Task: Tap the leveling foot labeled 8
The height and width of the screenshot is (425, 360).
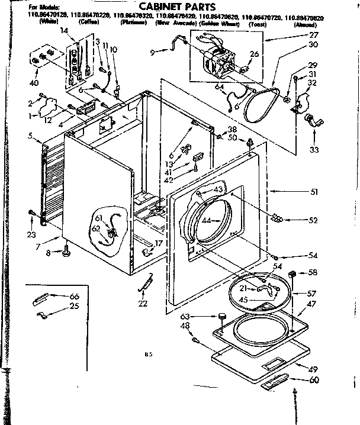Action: click(x=63, y=254)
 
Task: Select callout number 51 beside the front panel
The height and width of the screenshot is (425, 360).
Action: click(x=314, y=192)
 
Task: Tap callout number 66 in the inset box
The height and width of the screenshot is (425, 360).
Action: click(x=74, y=296)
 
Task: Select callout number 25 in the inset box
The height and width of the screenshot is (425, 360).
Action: click(x=74, y=305)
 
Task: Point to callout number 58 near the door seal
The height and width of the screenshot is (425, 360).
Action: click(x=313, y=273)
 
